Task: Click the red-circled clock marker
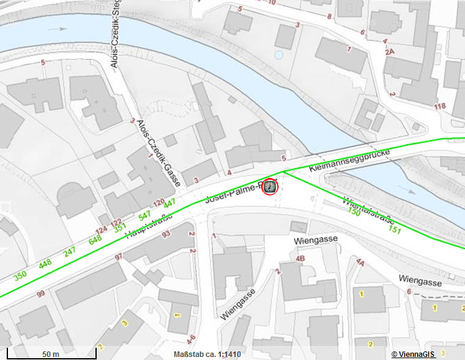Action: (x=270, y=187)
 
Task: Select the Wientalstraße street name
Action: (x=368, y=210)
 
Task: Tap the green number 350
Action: (x=21, y=275)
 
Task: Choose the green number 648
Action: (x=95, y=240)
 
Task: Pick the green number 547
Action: (x=144, y=215)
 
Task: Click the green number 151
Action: (x=395, y=230)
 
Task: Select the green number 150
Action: (x=354, y=211)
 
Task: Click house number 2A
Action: (x=390, y=53)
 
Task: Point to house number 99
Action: (x=40, y=294)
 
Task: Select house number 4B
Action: (x=300, y=259)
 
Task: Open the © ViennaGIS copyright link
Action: (x=414, y=354)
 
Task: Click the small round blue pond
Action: (x=279, y=55)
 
